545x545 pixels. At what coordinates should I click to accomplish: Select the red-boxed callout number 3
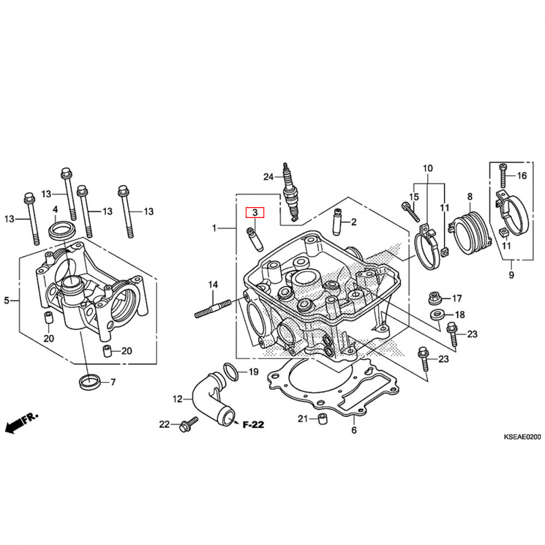[255, 213]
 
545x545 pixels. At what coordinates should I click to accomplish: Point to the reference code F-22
[253, 424]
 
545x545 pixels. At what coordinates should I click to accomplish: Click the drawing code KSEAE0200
[522, 437]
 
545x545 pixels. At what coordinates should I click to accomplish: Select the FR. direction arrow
[22, 423]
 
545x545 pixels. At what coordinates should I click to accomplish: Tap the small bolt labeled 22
[189, 424]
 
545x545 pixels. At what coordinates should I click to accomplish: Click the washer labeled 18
[437, 314]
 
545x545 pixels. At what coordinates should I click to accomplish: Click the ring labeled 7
[87, 381]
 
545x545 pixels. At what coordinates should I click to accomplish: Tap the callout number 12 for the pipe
[177, 399]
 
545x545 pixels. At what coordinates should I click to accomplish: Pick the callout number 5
[7, 300]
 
